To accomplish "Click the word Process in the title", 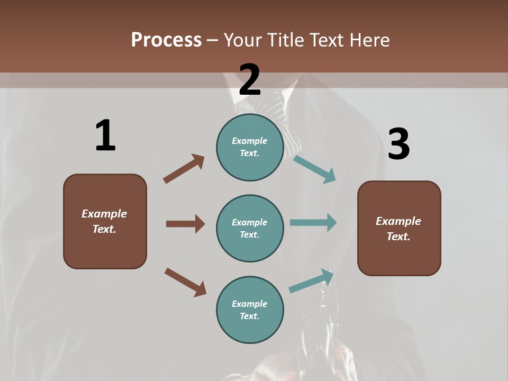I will click(166, 40).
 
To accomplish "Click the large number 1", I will click(105, 135).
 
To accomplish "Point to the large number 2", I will click(250, 80).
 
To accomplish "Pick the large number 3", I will click(399, 144).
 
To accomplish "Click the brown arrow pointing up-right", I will click(184, 169).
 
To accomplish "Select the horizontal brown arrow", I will click(185, 224).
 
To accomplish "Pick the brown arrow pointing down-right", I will click(185, 282).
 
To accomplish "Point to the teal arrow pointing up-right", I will click(311, 280).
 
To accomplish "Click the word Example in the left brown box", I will click(104, 214).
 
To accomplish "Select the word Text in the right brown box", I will click(398, 237).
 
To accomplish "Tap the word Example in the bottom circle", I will click(249, 304).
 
